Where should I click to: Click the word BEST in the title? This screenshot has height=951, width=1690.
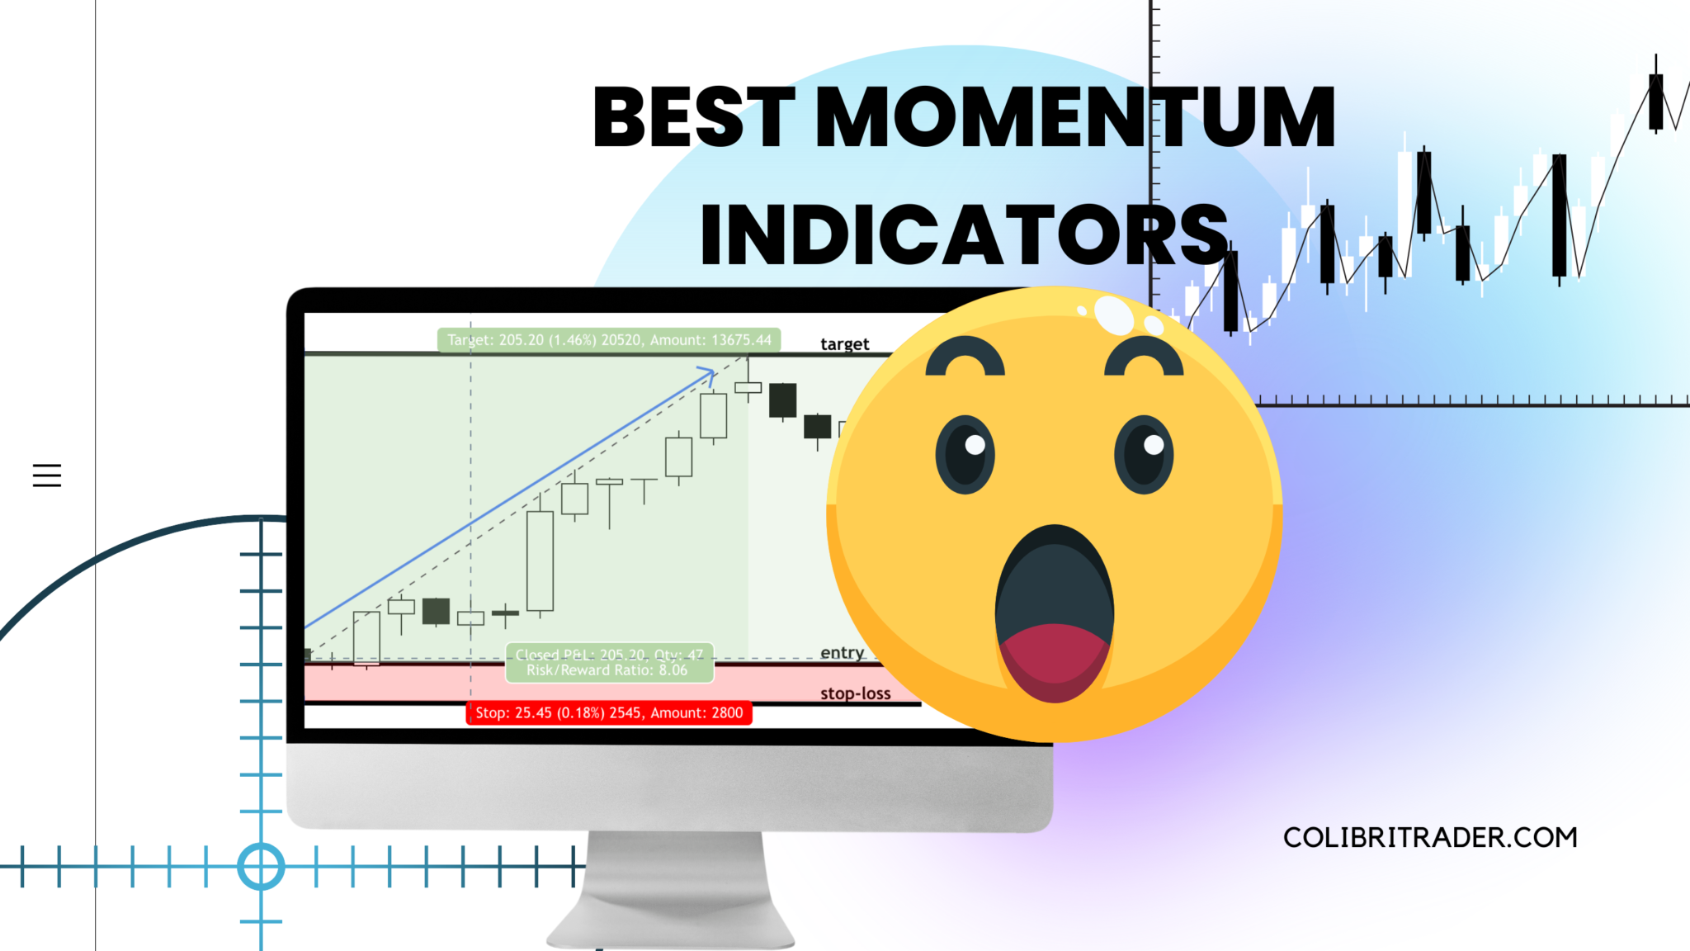(x=693, y=117)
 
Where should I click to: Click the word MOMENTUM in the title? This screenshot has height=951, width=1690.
(x=1074, y=117)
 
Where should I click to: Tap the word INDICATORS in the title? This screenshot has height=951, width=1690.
(x=964, y=235)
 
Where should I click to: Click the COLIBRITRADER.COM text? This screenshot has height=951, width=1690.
(x=1430, y=838)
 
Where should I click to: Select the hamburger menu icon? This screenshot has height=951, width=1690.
(x=47, y=475)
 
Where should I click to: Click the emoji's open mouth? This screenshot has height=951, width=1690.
(x=1055, y=594)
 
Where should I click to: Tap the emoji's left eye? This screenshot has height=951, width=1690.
(x=965, y=454)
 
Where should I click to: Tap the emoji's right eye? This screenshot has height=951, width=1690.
(x=1144, y=454)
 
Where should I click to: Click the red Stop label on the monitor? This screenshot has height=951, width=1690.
(x=609, y=712)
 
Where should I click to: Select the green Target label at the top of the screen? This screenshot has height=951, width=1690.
(x=609, y=339)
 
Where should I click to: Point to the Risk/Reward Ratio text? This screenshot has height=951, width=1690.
(x=607, y=670)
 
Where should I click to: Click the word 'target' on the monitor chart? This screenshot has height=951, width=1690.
(x=844, y=344)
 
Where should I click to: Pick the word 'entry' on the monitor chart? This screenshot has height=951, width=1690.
(x=842, y=653)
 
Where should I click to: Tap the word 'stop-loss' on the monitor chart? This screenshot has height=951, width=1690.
(x=855, y=693)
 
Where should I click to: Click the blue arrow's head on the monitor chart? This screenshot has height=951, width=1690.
(x=708, y=375)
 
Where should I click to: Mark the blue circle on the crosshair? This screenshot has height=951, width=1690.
(x=261, y=867)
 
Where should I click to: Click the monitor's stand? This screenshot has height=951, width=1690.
(x=670, y=892)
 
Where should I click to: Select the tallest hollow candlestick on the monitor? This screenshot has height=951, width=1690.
(x=540, y=561)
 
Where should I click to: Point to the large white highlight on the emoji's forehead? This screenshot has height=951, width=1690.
(x=1114, y=315)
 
